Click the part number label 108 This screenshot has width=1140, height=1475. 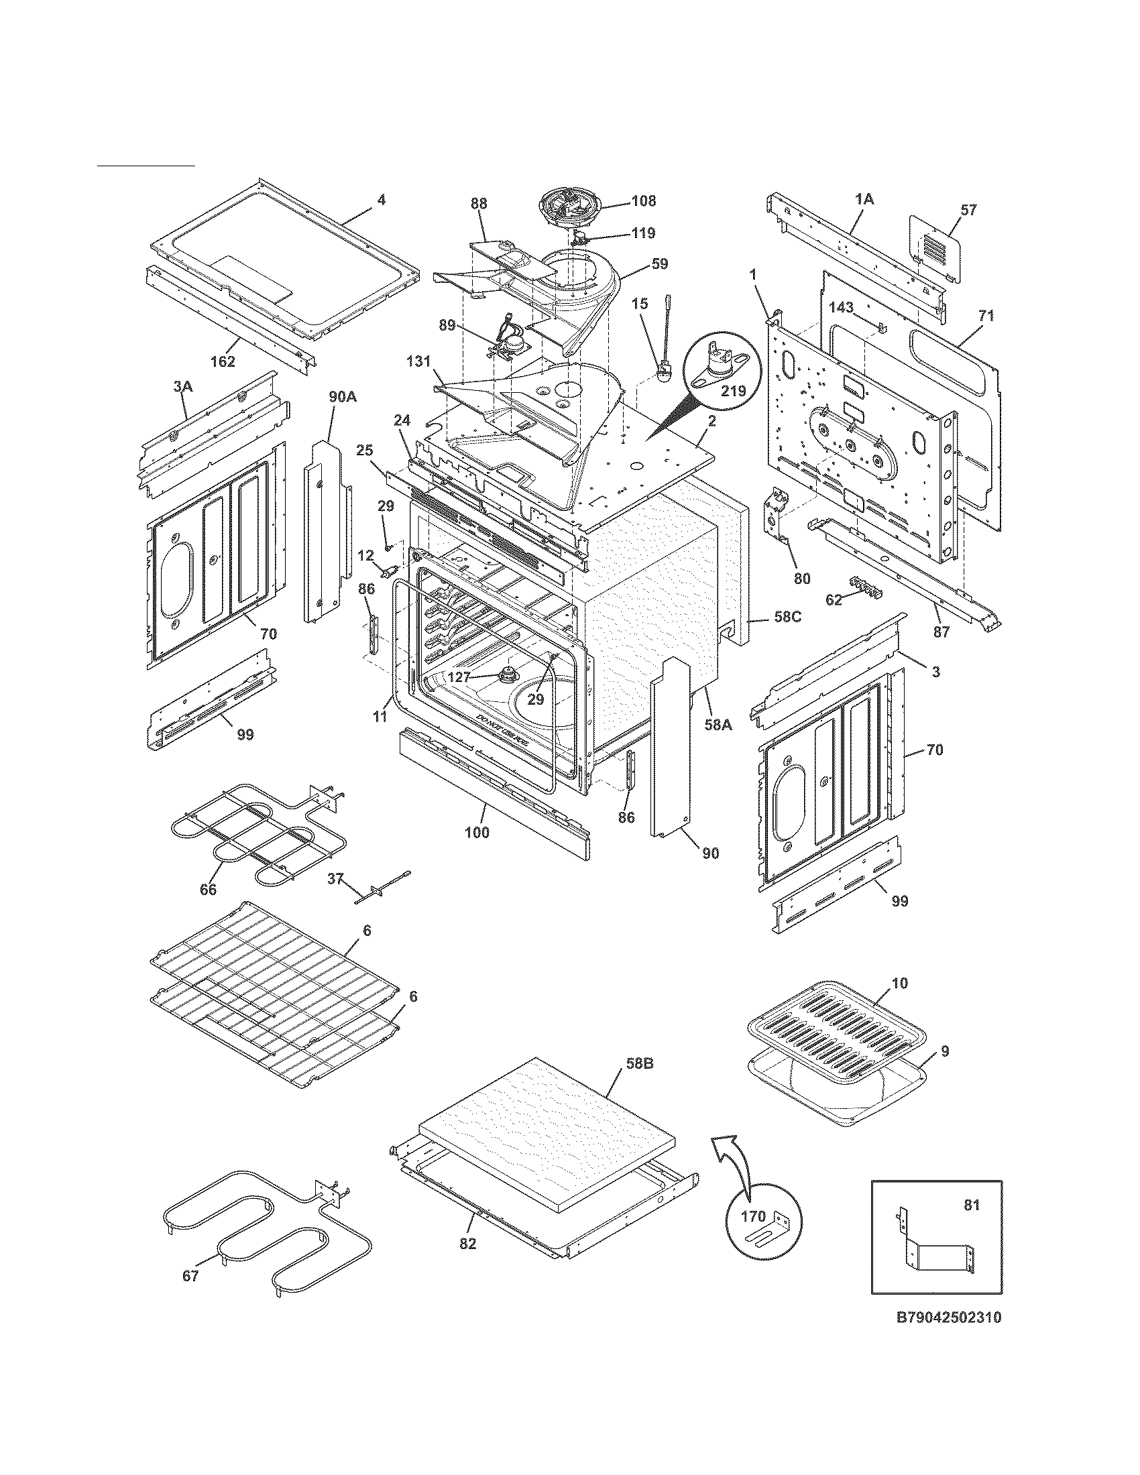click(x=643, y=201)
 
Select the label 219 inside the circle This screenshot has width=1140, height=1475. click(x=732, y=391)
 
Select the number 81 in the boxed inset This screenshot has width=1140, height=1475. click(x=971, y=1205)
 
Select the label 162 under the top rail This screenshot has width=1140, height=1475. click(x=222, y=361)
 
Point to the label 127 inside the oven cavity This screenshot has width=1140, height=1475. click(x=459, y=676)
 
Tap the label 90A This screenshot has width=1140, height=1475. click(x=343, y=397)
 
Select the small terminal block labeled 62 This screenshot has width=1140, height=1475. click(x=866, y=585)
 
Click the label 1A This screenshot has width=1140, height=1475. click(x=864, y=198)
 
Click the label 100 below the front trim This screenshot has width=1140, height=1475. click(x=477, y=833)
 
